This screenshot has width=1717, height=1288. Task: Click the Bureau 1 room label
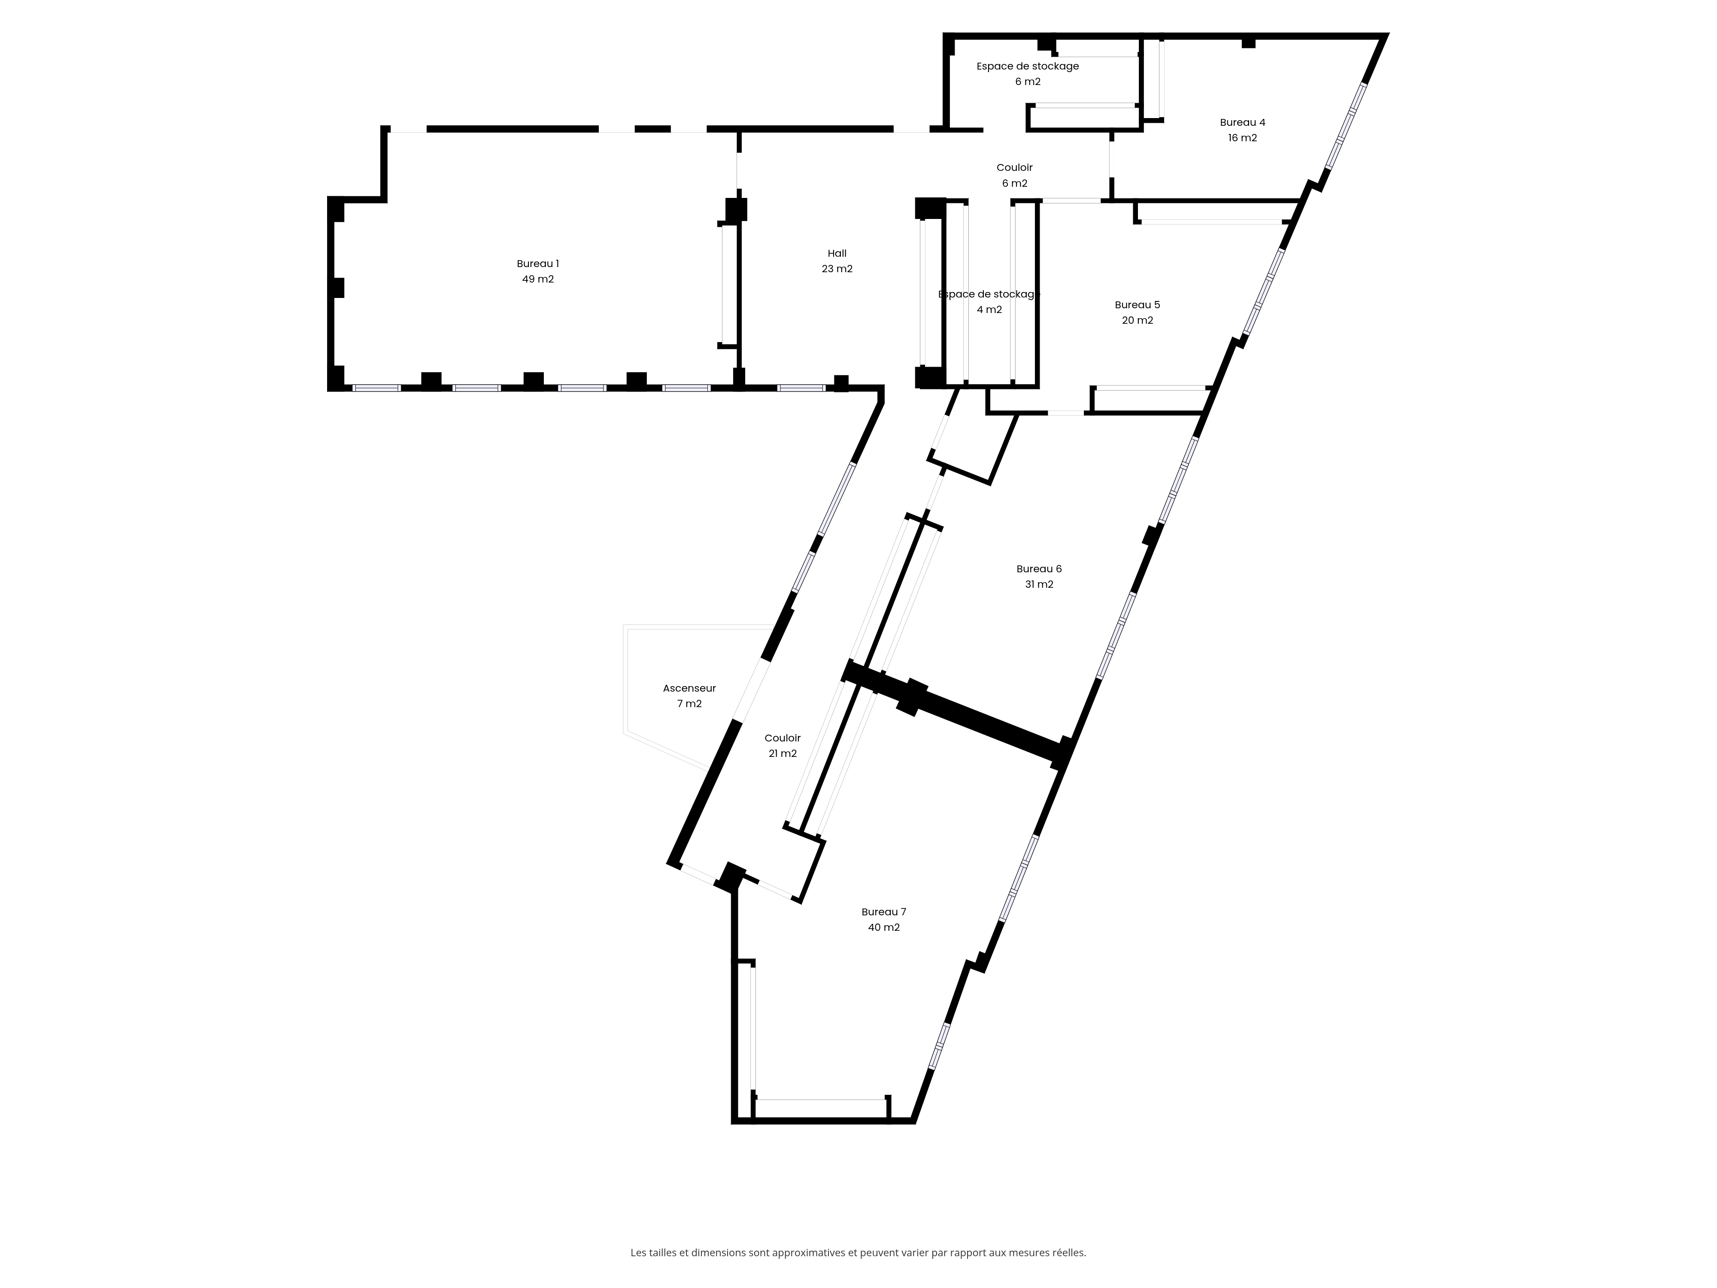pos(538,264)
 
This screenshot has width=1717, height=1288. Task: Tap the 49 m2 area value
pos(538,279)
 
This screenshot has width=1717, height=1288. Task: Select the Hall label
pos(837,253)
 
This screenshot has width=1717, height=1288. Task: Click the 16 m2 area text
pos(1243,138)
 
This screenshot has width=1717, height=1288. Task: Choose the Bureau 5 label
pos(1137,305)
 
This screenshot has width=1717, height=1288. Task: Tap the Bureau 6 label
pos(1039,569)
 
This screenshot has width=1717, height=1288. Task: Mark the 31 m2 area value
pos(1039,585)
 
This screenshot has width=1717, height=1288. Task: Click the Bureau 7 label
pos(884,912)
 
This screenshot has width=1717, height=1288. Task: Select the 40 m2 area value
pos(884,928)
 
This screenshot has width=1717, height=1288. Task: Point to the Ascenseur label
pos(689,689)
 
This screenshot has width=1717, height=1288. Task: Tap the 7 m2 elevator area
pos(689,704)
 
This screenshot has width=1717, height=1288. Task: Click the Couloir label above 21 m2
pos(783,738)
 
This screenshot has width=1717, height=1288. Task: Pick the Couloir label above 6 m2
pos(1014,168)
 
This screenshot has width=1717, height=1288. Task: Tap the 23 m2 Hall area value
pos(837,269)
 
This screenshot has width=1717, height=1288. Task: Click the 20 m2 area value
pos(1137,321)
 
